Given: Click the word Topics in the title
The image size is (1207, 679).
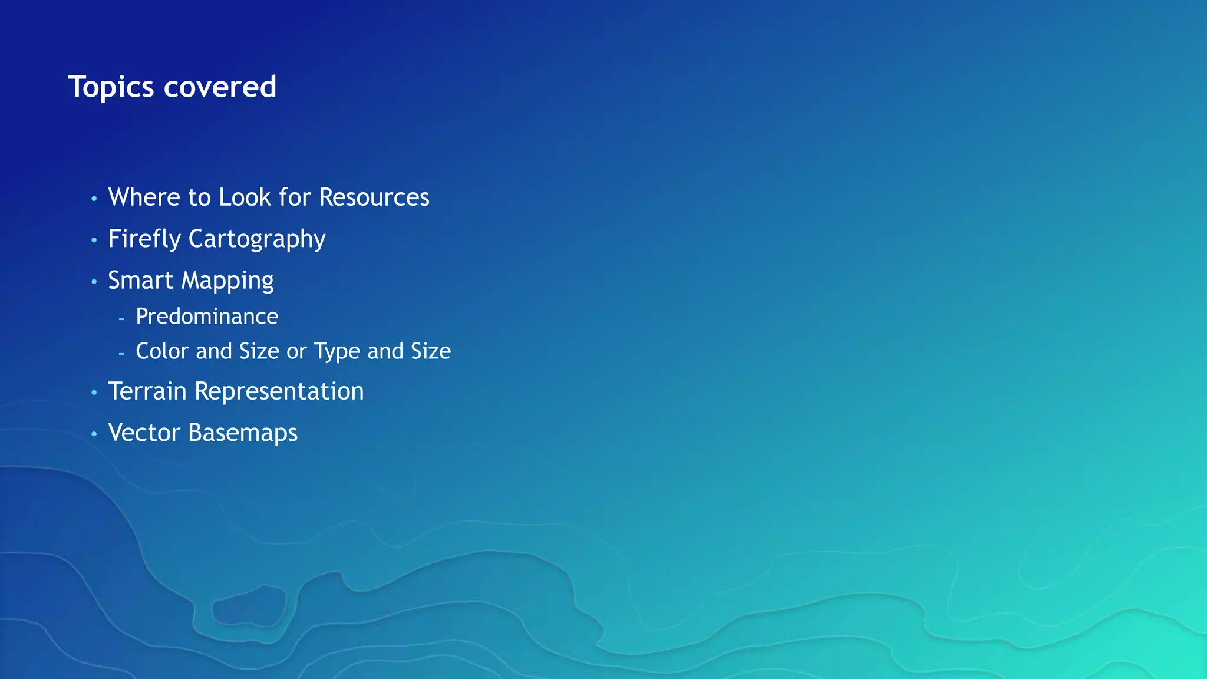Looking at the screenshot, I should tap(111, 87).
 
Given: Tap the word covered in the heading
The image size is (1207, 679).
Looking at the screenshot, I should tap(220, 87).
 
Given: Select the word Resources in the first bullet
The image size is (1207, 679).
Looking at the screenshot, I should tap(374, 197).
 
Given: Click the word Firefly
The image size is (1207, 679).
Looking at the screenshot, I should tap(144, 239).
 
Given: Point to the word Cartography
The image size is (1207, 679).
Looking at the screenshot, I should tap(256, 239).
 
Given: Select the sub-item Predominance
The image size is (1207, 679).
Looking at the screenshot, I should tap(207, 317).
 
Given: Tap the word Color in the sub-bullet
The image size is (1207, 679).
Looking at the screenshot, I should tap(162, 351).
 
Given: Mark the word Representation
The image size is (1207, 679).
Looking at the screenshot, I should tap(279, 392).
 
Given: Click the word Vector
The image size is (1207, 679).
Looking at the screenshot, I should tap(144, 433).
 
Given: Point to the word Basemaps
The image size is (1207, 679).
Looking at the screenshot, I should tap(243, 433).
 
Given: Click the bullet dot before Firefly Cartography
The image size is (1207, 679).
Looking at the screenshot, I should tap(94, 240).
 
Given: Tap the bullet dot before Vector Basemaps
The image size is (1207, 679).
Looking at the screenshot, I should tap(94, 434).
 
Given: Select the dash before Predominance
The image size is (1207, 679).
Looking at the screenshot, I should tap(121, 319).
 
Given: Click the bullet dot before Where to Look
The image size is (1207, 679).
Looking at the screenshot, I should tap(94, 199).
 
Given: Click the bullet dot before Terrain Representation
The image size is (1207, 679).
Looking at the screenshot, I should tap(94, 393).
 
